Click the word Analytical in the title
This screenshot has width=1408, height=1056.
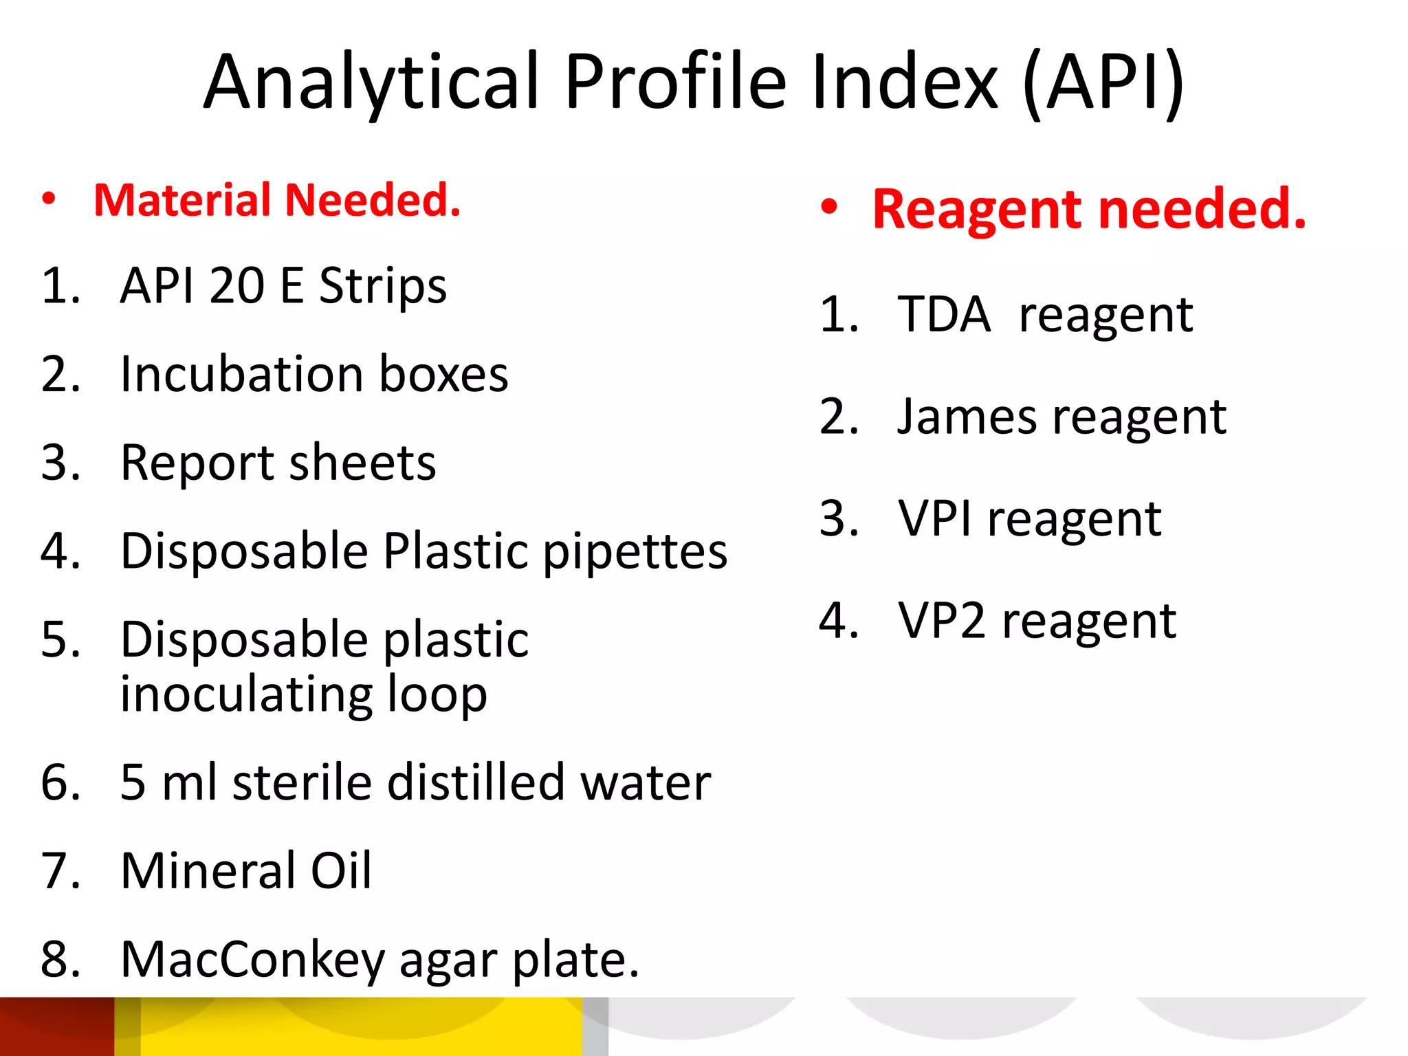coord(371,82)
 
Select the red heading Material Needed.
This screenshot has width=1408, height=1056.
coord(277,201)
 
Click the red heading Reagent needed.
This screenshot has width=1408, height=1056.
coord(1089,209)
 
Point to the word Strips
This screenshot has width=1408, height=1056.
coord(383,286)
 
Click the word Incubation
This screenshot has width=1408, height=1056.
coord(241,375)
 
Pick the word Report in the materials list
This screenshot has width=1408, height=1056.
coord(198,463)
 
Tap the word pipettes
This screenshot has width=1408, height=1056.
coord(635,552)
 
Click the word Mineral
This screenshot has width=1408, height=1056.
coord(208,871)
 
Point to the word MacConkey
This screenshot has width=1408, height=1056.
coord(252,960)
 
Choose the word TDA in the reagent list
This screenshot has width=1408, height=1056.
coord(944,315)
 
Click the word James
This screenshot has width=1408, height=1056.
coord(967,417)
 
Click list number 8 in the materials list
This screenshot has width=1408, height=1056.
coord(60,960)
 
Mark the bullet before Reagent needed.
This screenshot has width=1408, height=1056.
coord(829,208)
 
